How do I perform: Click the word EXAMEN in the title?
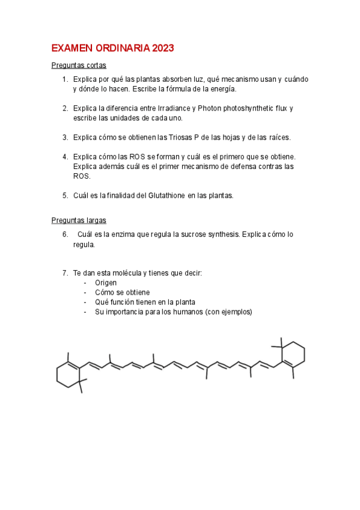point(69,48)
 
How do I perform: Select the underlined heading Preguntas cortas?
point(79,66)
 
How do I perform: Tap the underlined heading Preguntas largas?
point(79,221)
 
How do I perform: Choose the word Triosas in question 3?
point(176,137)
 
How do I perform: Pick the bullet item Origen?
point(106,283)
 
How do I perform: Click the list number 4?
point(65,156)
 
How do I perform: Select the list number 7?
point(65,273)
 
